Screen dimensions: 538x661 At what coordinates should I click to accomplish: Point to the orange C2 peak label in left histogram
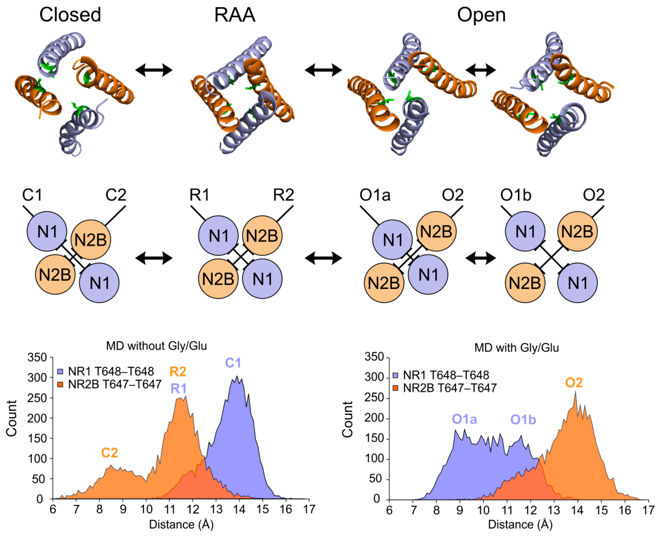tap(110, 453)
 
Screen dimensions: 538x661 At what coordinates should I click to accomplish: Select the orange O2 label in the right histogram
tap(574, 383)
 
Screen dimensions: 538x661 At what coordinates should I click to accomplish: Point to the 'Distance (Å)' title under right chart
tap(520, 524)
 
